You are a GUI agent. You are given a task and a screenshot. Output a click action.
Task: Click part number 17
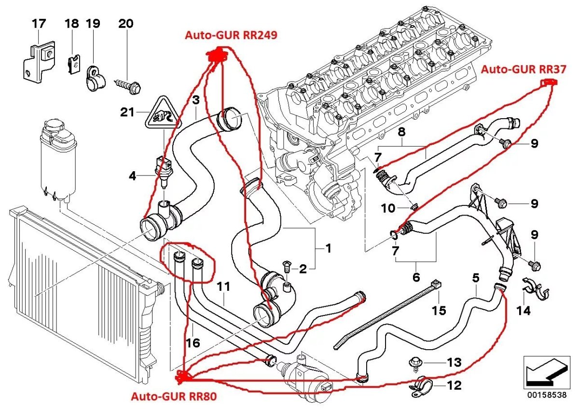[x=39, y=23]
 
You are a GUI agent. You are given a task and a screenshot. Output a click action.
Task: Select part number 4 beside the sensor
[x=132, y=177]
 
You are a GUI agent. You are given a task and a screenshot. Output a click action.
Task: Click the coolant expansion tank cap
[x=55, y=129]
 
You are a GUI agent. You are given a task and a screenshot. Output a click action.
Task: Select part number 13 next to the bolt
[x=454, y=362]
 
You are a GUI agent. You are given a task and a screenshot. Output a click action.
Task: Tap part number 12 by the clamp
[x=454, y=385]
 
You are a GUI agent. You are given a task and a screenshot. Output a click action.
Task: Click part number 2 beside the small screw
[x=303, y=269]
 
